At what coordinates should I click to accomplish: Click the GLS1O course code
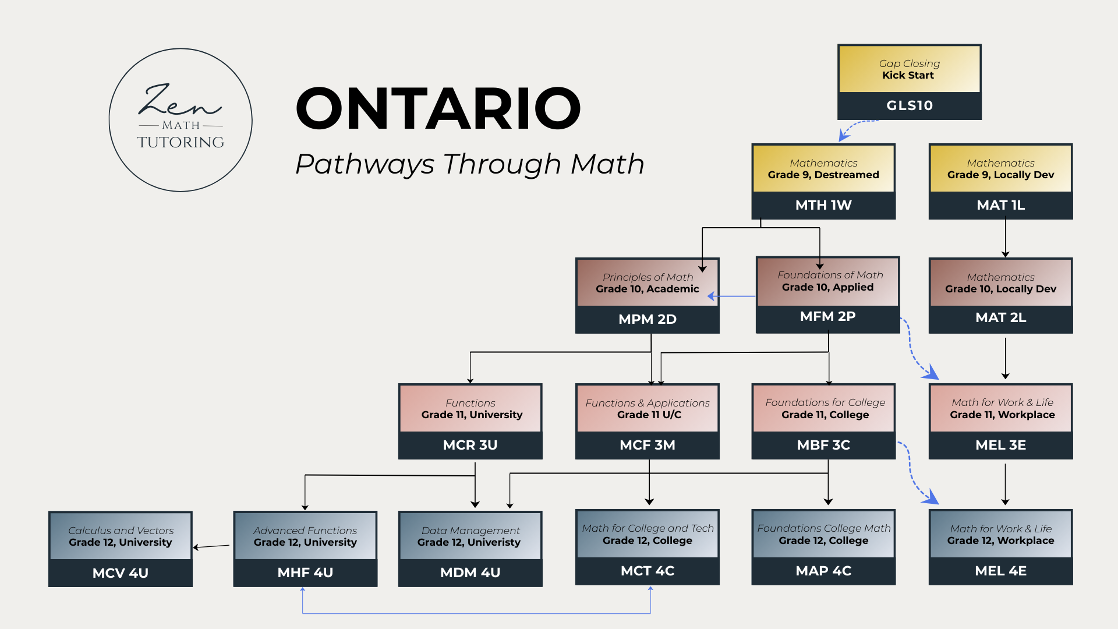pyautogui.click(x=910, y=105)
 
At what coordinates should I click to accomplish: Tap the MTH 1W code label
pyautogui.click(x=823, y=205)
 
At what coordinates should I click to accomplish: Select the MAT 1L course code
pyautogui.click(x=1000, y=205)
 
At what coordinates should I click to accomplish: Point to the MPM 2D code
pyautogui.click(x=647, y=319)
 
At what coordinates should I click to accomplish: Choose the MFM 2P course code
pyautogui.click(x=827, y=316)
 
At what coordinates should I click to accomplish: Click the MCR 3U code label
pyautogui.click(x=470, y=445)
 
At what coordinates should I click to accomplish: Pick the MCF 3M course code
pyautogui.click(x=647, y=445)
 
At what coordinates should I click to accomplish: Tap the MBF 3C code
pyautogui.click(x=823, y=445)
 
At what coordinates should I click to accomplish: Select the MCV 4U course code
pyautogui.click(x=121, y=573)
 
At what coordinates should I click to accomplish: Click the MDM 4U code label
pyautogui.click(x=470, y=573)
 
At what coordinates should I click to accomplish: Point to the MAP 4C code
pyautogui.click(x=823, y=571)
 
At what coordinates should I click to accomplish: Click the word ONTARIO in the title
pyautogui.click(x=438, y=108)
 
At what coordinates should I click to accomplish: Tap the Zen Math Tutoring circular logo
pyautogui.click(x=181, y=120)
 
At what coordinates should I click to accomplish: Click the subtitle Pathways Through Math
pyautogui.click(x=469, y=164)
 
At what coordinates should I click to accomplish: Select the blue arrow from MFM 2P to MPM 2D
pyautogui.click(x=732, y=296)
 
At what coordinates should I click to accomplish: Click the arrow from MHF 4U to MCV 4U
pyautogui.click(x=212, y=546)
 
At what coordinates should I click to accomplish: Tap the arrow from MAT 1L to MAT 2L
pyautogui.click(x=1005, y=238)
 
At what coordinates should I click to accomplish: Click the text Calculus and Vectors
pyautogui.click(x=121, y=531)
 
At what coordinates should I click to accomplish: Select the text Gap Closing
pyautogui.click(x=909, y=63)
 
